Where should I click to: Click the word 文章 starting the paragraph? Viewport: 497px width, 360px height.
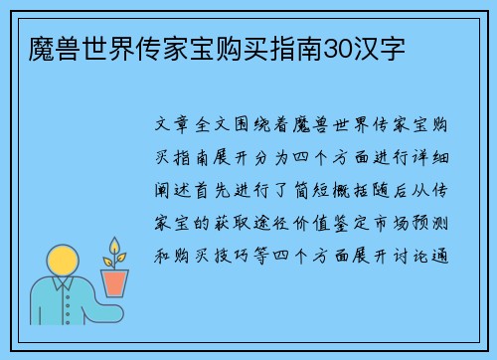[175, 129]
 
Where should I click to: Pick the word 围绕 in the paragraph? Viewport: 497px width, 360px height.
[258, 129]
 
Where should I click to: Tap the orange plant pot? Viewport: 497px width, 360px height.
[116, 282]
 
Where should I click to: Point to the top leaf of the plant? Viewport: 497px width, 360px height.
[115, 244]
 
